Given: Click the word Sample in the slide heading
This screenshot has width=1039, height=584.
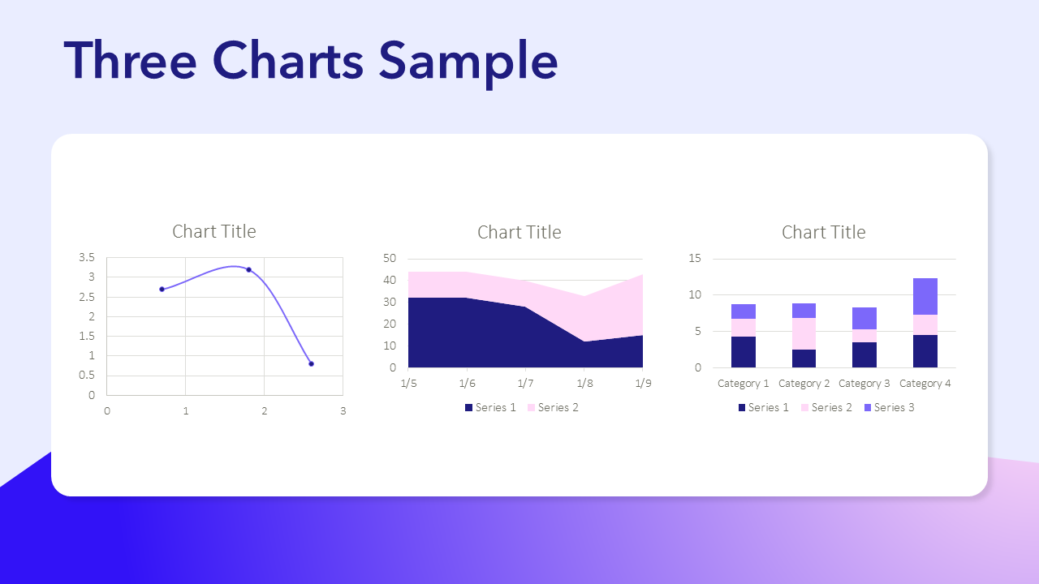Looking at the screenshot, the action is (x=468, y=62).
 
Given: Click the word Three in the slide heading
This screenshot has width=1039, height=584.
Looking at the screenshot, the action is (x=130, y=60).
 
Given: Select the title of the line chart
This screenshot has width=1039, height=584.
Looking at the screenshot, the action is (x=213, y=231).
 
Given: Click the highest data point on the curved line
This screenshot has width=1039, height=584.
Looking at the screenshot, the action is (x=249, y=270).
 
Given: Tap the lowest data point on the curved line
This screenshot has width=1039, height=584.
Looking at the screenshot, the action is (x=311, y=364).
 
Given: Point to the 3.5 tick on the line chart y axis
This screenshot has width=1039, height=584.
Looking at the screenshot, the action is (x=87, y=257).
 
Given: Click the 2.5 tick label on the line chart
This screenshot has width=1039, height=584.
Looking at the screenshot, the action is (x=87, y=297).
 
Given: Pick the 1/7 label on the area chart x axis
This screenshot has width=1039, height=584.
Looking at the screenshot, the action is (x=525, y=384).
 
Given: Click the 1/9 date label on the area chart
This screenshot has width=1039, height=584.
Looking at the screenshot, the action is (x=643, y=384).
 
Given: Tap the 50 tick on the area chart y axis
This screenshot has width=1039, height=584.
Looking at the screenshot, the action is (x=390, y=258).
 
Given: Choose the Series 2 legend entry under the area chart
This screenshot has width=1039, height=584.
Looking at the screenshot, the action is (x=553, y=407).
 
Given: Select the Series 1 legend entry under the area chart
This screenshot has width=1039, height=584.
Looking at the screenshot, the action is (x=490, y=407).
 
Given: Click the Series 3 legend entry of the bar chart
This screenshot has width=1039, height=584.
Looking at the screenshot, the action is (x=889, y=407).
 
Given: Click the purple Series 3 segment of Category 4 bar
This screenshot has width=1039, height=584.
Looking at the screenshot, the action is (x=925, y=297).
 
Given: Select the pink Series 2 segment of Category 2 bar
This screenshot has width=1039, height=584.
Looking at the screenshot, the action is (x=804, y=333).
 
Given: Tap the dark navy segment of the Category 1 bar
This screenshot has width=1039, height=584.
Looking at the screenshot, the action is (x=743, y=352).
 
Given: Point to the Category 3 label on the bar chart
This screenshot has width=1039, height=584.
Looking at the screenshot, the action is (x=864, y=384).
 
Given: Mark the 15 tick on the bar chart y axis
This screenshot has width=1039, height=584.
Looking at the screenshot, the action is (x=695, y=258).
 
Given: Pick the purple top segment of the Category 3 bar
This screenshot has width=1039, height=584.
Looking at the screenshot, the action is (x=864, y=319).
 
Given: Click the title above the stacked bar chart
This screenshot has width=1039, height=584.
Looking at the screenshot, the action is (x=823, y=232).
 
